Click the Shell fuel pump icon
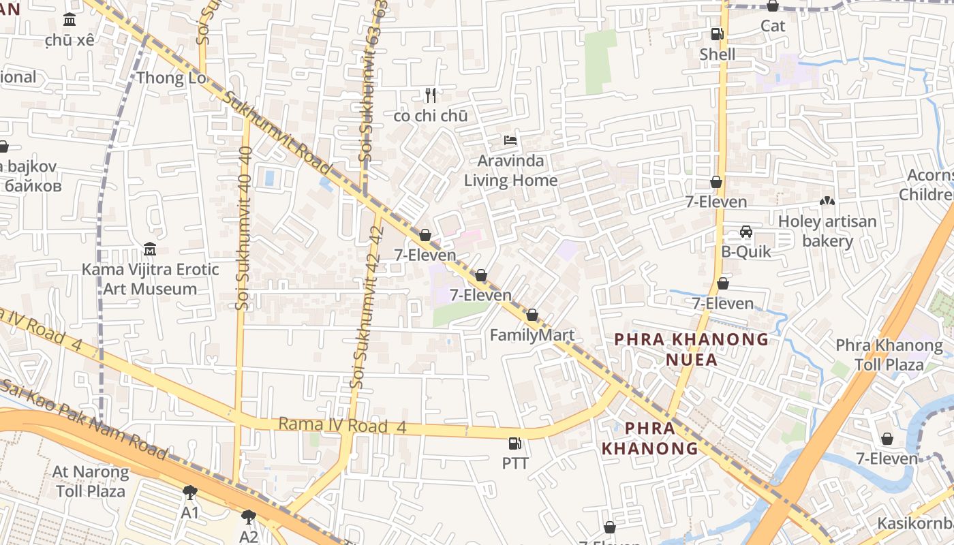point(717,33)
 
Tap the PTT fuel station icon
point(515,443)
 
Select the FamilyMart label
point(532,335)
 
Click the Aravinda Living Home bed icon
point(510,140)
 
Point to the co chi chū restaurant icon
point(430,95)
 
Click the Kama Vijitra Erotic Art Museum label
point(150,279)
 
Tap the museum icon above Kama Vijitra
point(150,249)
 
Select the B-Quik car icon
point(746,232)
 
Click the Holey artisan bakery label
point(827,231)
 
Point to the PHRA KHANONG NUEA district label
point(692,349)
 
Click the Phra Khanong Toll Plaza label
point(889,354)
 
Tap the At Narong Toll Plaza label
point(91,481)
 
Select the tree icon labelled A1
point(190,492)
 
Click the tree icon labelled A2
point(249,517)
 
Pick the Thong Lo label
point(170,78)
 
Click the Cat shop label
point(773,26)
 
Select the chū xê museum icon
point(70,20)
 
